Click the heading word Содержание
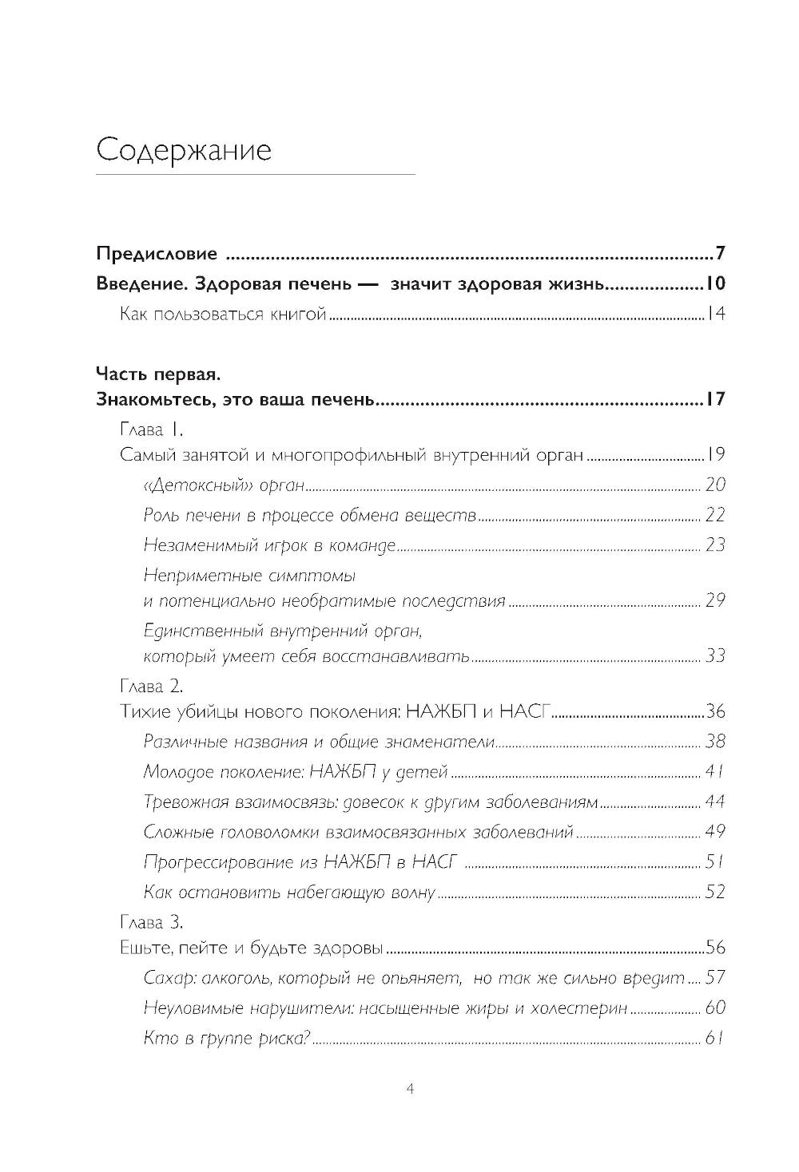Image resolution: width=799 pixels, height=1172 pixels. pos(184,150)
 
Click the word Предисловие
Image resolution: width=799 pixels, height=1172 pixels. pos(157,255)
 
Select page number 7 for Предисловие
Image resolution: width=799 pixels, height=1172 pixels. pos(720,255)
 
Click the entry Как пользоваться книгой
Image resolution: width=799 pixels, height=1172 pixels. pos(223,315)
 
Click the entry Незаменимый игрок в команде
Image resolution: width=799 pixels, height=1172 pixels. pos(270,545)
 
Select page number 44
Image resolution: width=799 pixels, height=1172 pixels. pos(714,802)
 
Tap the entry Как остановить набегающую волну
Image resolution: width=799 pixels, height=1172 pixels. pos(289,892)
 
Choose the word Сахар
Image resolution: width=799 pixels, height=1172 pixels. pos(165,978)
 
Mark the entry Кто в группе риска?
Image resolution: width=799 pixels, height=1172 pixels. pos(227,1039)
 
